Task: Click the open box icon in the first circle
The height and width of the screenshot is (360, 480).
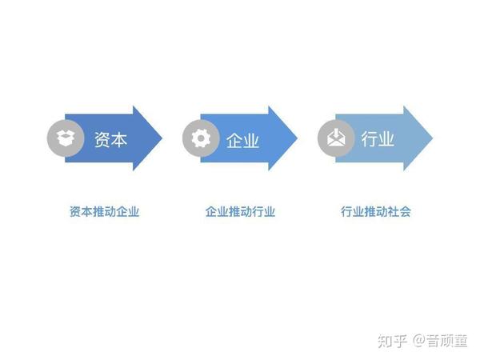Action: [x=66, y=138]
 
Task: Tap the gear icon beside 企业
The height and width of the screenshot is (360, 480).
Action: [x=201, y=138]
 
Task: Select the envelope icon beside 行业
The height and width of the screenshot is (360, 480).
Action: [x=336, y=138]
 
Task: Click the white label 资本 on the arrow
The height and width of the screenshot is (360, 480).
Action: [x=110, y=139]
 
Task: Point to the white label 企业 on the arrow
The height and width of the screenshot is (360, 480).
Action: [x=242, y=141]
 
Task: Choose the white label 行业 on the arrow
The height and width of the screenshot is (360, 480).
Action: [x=378, y=138]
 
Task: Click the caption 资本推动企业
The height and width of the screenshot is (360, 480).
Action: [x=104, y=211]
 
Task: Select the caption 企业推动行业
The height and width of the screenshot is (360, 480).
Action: [x=240, y=211]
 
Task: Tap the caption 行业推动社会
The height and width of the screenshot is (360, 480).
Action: [x=376, y=211]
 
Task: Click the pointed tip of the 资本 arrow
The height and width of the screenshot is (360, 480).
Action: [x=162, y=138]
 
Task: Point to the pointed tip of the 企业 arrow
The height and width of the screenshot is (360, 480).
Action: [x=297, y=138]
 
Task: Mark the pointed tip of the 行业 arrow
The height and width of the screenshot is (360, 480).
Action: [x=432, y=138]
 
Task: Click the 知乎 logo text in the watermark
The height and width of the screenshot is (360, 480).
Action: [x=393, y=341]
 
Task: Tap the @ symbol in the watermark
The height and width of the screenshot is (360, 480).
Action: [x=419, y=341]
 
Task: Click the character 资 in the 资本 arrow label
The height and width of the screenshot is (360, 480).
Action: [x=102, y=139]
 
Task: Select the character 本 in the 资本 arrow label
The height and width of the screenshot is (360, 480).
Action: [x=118, y=139]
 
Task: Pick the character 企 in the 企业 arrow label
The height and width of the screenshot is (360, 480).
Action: [x=234, y=141]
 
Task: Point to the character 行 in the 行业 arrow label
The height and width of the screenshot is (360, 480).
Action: [x=369, y=138]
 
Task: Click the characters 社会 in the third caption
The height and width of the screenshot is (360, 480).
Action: [x=399, y=211]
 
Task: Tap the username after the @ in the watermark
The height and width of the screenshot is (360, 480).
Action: [x=446, y=341]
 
